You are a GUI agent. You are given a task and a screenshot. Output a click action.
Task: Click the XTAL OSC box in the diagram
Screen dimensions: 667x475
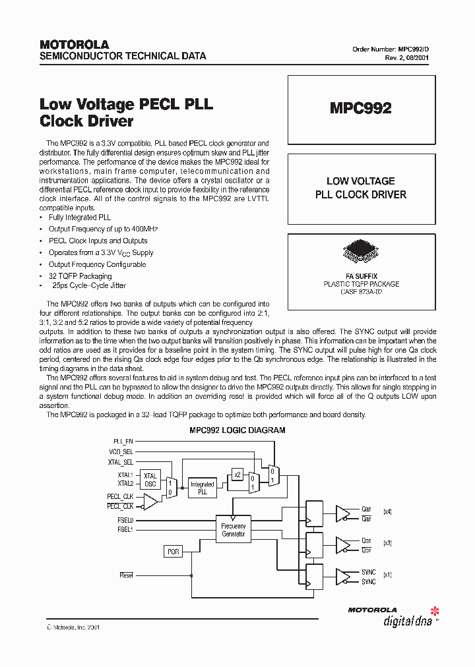(x=150, y=479)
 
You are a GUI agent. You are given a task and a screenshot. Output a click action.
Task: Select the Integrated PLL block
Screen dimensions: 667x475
(x=202, y=488)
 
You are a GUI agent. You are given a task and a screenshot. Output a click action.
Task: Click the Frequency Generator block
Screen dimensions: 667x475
(x=233, y=530)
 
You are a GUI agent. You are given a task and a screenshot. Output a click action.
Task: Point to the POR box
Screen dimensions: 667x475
(x=173, y=552)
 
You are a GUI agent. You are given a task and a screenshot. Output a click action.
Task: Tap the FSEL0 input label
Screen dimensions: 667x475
(x=125, y=521)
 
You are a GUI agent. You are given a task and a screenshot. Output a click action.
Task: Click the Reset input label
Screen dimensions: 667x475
(x=126, y=575)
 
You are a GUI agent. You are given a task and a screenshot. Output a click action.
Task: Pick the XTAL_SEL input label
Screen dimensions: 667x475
(x=121, y=463)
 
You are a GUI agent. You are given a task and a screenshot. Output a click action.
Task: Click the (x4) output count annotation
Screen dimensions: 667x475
(x=387, y=511)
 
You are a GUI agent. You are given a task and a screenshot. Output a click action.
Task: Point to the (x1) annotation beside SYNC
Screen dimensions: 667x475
(x=387, y=575)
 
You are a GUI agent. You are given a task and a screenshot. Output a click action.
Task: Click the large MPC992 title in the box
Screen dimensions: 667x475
(x=360, y=109)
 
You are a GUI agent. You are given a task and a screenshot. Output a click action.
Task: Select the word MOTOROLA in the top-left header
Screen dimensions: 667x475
(x=74, y=45)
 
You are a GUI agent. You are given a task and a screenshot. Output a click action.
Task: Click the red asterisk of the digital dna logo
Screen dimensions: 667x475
(x=433, y=608)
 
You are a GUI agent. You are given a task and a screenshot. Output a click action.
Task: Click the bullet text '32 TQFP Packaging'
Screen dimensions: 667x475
(x=80, y=276)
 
